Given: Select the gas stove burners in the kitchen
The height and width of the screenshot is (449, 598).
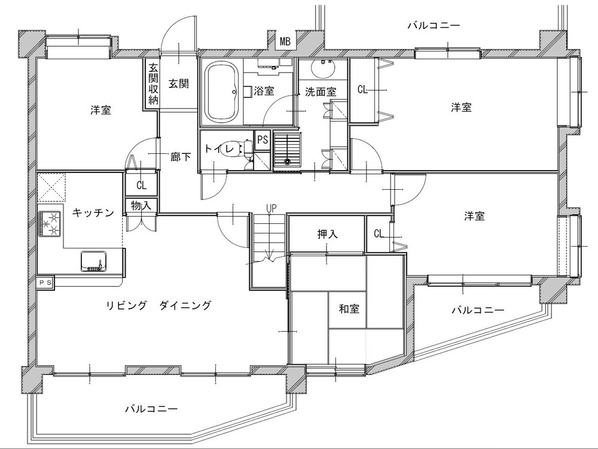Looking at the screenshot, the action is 50,224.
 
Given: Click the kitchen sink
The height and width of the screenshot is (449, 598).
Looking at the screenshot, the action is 93,261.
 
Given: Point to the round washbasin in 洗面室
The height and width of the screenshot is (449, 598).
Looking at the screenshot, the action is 324,69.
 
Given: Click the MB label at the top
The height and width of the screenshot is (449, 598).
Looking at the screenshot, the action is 285,41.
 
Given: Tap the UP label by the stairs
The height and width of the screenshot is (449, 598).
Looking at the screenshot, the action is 271,208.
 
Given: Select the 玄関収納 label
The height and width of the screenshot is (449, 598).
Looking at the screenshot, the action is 153,84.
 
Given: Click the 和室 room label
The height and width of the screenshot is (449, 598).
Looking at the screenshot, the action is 349,308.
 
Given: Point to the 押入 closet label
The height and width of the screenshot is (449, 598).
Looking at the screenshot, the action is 328,234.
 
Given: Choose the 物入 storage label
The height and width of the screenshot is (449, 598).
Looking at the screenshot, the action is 141,206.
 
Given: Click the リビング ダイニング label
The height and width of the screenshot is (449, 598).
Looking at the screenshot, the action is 158,305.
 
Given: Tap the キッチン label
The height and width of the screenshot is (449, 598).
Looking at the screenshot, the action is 93,213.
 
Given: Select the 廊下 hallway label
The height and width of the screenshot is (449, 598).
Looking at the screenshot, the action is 181,156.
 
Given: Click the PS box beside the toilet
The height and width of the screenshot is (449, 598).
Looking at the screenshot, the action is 263,140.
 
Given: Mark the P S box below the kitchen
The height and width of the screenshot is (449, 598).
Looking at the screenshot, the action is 46,283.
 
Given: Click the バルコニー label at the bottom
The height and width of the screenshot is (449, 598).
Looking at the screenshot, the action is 151,409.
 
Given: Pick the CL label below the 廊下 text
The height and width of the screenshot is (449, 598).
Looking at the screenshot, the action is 142,186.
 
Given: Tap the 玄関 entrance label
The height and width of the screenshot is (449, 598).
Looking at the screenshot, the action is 179,83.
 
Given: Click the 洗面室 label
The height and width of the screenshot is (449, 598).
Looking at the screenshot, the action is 321,92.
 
